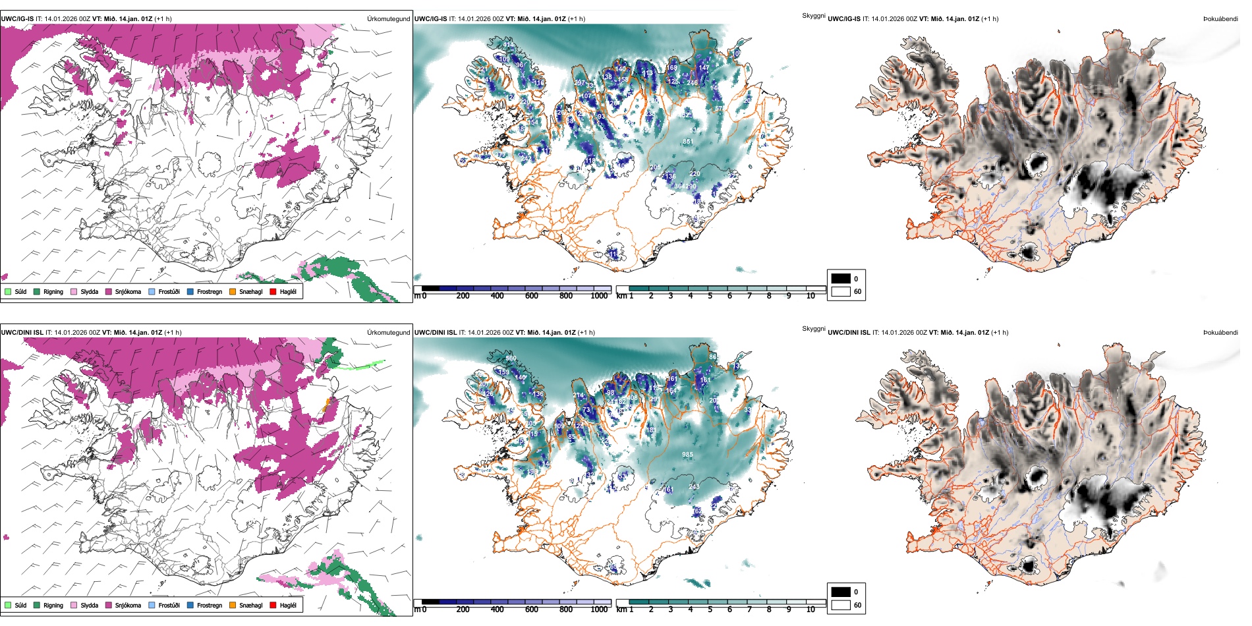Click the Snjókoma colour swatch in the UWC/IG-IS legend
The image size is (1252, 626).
click(x=109, y=291)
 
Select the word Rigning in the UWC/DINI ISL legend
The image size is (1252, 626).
click(x=53, y=605)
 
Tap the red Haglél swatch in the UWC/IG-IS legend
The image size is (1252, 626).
click(x=273, y=291)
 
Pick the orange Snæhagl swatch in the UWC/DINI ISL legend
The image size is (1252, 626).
click(x=233, y=605)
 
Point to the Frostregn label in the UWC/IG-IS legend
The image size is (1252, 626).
click(x=210, y=291)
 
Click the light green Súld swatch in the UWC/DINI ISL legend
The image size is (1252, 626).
click(x=8, y=605)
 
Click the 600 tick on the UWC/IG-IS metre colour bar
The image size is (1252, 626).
click(x=531, y=296)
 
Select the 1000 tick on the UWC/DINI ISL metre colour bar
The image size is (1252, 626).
click(x=599, y=610)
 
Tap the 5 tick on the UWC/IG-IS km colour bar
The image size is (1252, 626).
click(x=710, y=296)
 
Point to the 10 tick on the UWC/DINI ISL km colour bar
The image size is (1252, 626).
click(x=811, y=610)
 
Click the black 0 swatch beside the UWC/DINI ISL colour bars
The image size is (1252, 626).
click(x=841, y=592)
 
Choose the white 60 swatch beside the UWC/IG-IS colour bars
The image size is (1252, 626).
click(x=841, y=291)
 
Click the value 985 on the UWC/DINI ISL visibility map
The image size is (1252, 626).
click(x=687, y=455)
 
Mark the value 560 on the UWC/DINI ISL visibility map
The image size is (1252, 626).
click(x=511, y=358)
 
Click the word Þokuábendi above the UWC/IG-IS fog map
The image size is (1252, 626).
click(x=1220, y=19)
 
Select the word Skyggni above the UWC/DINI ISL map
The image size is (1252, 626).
click(x=813, y=329)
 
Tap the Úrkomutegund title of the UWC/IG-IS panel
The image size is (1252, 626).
click(x=388, y=19)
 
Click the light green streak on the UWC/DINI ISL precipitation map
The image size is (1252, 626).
click(x=363, y=364)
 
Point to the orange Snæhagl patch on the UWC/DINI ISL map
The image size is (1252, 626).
click(x=326, y=405)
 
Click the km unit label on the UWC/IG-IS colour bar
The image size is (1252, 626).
click(x=621, y=296)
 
